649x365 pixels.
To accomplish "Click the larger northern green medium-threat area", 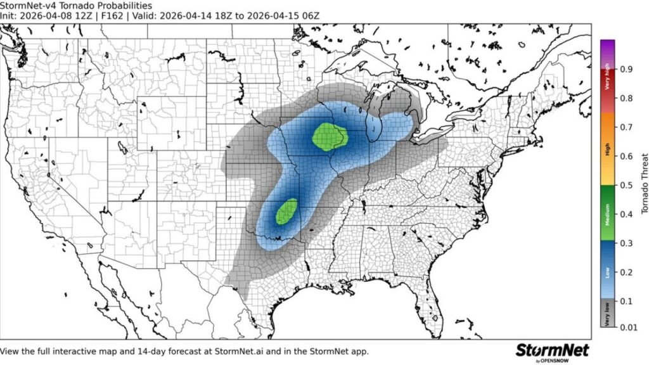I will pos(330,136).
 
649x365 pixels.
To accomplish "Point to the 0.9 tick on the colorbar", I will pos(625,68).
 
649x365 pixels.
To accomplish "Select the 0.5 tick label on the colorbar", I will pos(625,184).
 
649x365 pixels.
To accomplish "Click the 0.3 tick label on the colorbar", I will pos(625,243).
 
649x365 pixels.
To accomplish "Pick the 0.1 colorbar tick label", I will pos(625,300).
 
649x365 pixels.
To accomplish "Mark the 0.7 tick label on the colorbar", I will pos(625,127).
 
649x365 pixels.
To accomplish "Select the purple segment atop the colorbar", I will pos(608,48).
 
